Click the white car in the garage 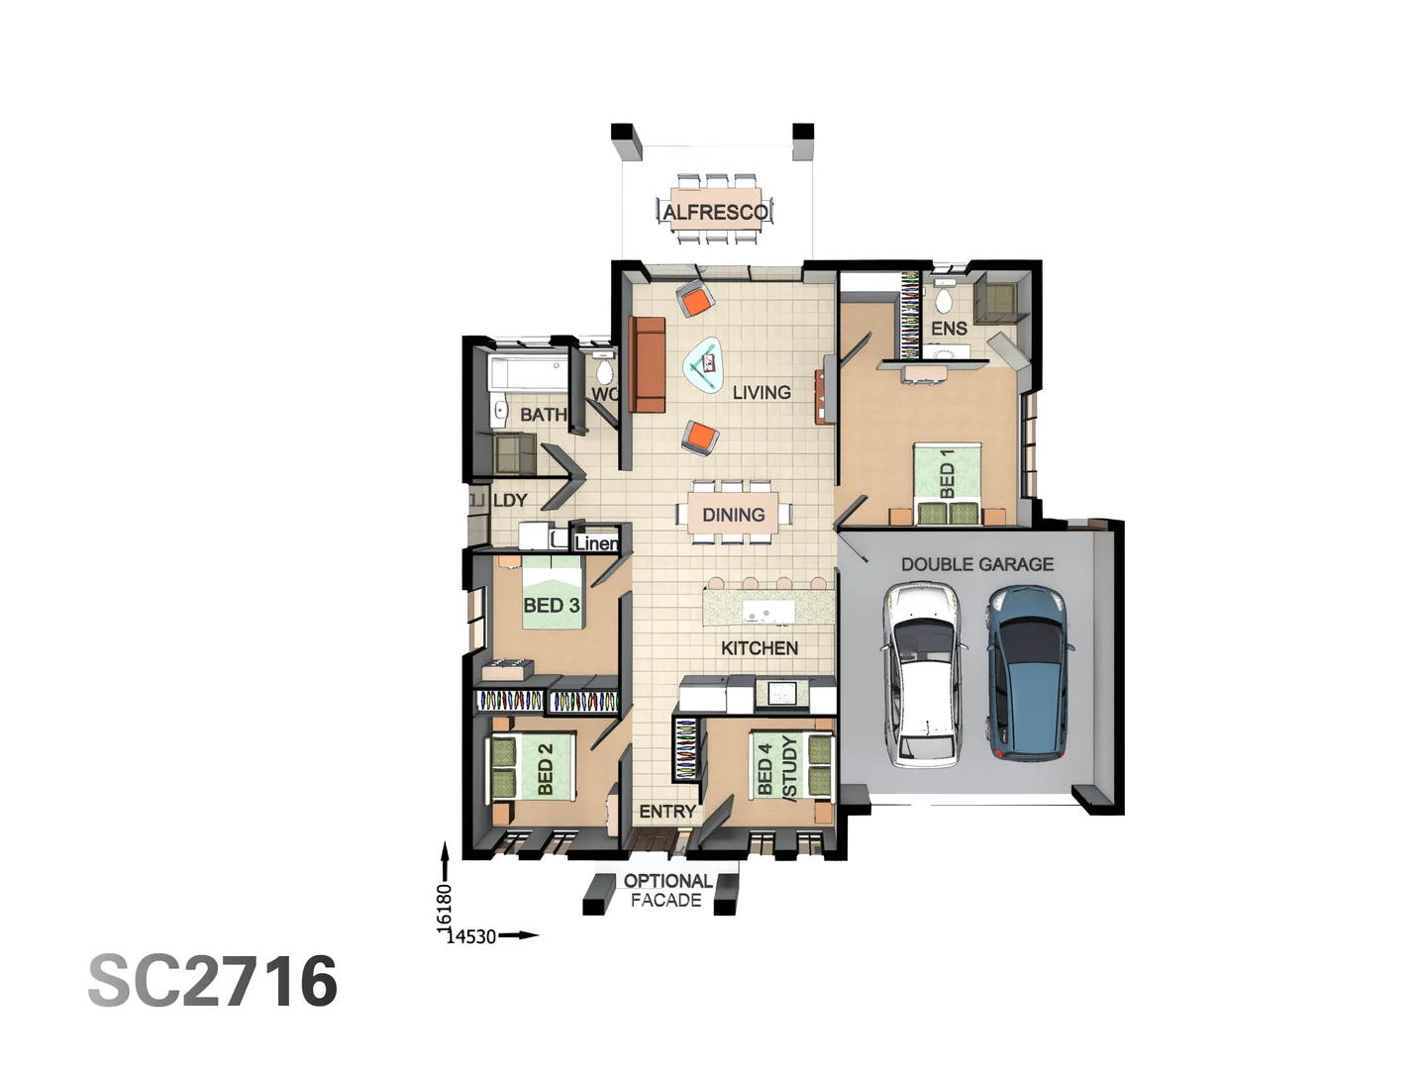click(923, 673)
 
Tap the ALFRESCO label click(715, 212)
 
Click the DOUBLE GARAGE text click(976, 564)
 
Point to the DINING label click(733, 515)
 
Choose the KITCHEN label click(760, 648)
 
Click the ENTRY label click(666, 812)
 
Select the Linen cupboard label click(596, 542)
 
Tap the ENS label click(949, 328)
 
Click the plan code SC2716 click(213, 981)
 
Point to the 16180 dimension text click(445, 905)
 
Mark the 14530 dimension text click(471, 936)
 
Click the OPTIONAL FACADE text click(666, 890)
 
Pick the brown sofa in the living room click(648, 363)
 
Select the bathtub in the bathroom click(527, 373)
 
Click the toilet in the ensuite click(944, 298)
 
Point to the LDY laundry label click(510, 500)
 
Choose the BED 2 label click(546, 769)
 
